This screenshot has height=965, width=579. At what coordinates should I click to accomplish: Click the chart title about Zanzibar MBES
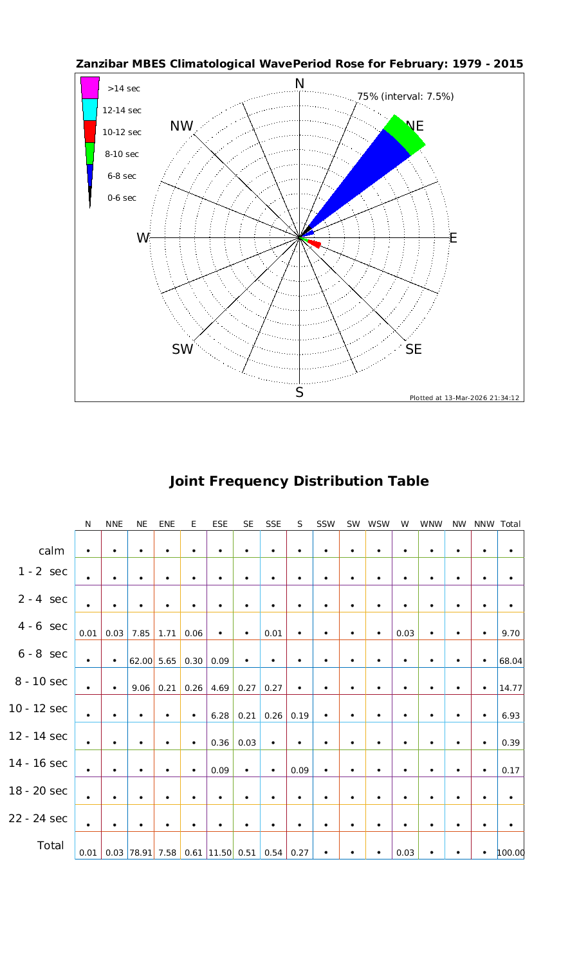click(x=299, y=64)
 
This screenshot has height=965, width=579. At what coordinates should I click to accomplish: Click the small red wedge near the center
click(x=315, y=243)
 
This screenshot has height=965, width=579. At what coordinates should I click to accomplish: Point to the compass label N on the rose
click(x=299, y=84)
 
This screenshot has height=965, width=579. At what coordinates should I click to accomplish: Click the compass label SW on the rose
click(x=183, y=349)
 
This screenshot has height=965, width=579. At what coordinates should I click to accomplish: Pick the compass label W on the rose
click(x=143, y=238)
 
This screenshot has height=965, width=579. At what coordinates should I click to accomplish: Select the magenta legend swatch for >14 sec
click(x=90, y=87)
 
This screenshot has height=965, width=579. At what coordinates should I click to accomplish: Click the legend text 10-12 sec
click(x=122, y=133)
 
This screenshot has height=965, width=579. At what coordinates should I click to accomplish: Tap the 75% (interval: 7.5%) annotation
click(x=405, y=96)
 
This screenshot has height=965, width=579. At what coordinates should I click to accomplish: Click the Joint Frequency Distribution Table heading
click(x=299, y=481)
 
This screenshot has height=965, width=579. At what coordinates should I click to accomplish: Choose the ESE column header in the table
click(x=220, y=524)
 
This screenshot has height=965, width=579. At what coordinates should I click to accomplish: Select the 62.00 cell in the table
click(x=140, y=661)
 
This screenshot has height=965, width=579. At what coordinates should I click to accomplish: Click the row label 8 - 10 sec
click(x=38, y=681)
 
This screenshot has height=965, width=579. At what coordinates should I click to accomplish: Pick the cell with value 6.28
click(x=220, y=715)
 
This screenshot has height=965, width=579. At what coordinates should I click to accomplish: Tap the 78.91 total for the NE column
click(x=140, y=853)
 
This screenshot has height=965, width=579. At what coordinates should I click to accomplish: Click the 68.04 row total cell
click(x=510, y=661)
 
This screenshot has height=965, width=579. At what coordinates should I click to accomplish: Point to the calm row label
click(x=51, y=551)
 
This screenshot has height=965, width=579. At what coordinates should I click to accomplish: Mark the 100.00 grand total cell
click(x=511, y=853)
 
